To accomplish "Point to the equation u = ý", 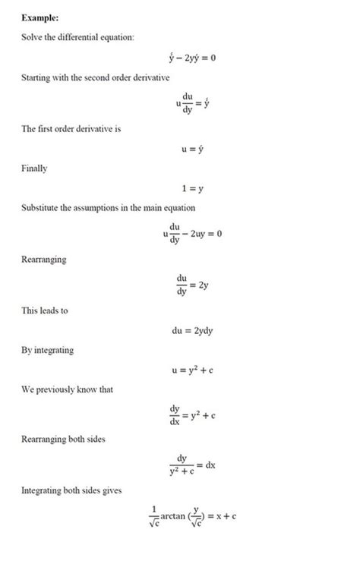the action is [191, 150].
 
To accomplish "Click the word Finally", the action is [34, 169].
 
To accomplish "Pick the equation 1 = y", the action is [191, 189].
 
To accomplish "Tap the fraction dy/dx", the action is [175, 414].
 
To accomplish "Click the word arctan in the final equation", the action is [181, 515].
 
